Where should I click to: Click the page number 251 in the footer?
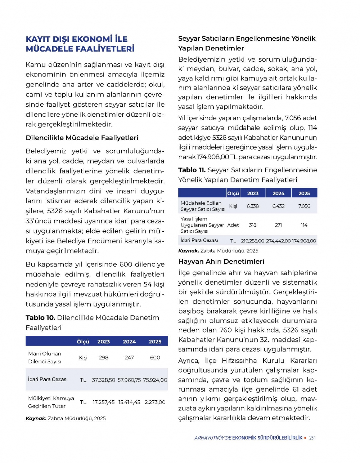coord(312,438)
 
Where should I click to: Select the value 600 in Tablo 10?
coord(155,357)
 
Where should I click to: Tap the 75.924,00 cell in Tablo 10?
coord(155,380)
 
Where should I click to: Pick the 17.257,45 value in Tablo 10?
coord(104,402)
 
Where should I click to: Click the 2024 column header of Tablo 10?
coord(129,342)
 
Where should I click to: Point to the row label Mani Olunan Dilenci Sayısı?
coord(45,357)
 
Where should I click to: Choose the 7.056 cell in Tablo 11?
coord(304,206)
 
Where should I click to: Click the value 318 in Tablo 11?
coord(253,225)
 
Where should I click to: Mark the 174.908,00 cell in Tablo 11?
coord(304,241)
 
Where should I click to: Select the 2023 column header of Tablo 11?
coord(253,193)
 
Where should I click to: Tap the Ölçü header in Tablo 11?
coord(233,193)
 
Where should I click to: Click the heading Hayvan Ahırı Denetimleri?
coord(221,262)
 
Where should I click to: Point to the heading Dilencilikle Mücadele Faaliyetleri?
coord(82,138)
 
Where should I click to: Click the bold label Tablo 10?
coord(40,318)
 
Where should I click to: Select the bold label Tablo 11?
coord(192,170)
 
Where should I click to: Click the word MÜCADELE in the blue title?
coord(47,49)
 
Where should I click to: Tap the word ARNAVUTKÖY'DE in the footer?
coord(213,438)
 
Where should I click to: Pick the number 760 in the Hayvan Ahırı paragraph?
coord(226,330)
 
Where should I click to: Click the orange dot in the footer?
coord(305,438)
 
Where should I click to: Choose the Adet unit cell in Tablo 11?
coord(233,225)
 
